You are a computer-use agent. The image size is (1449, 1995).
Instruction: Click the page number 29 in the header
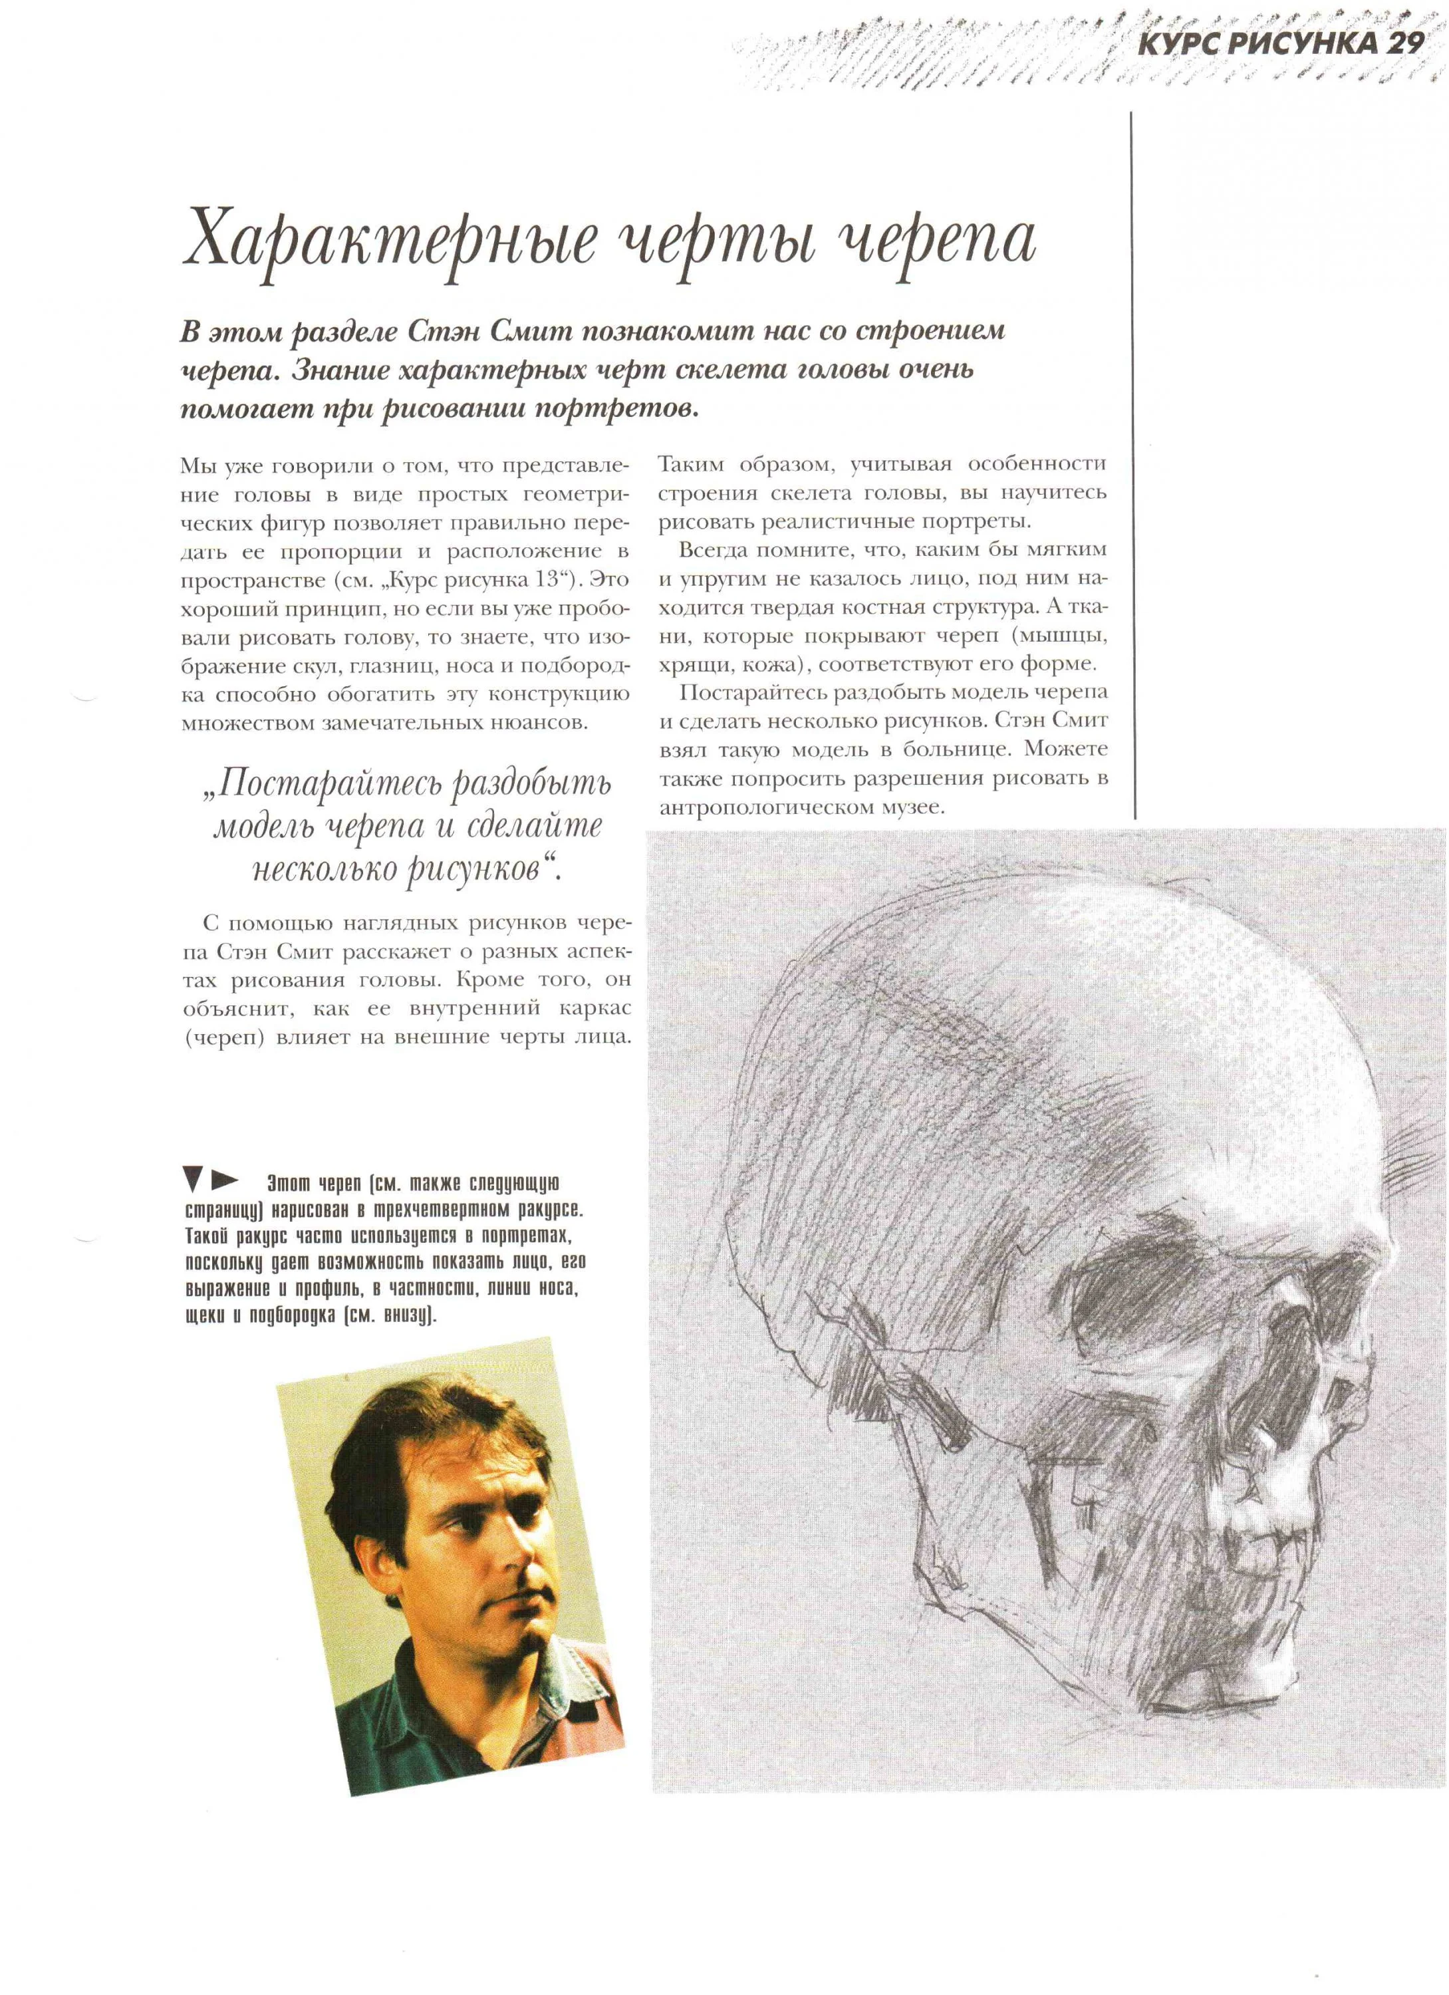pyautogui.click(x=1404, y=44)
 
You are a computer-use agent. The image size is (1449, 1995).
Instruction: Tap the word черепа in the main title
pyautogui.click(x=932, y=239)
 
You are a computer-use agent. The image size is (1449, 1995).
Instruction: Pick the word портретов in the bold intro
pyautogui.click(x=615, y=409)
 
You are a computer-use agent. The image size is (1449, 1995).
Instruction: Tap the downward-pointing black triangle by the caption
pyautogui.click(x=192, y=1178)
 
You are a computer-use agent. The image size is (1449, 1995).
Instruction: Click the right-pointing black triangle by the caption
pyautogui.click(x=225, y=1178)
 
